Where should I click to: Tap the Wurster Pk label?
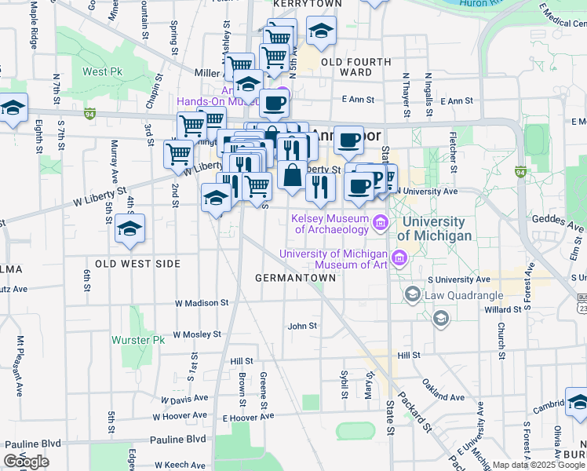click(x=148, y=340)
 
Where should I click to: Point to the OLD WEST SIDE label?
click(x=137, y=263)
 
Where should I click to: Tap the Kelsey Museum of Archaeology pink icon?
click(x=381, y=224)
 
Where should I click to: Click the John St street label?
click(x=302, y=326)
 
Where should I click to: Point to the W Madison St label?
click(x=201, y=302)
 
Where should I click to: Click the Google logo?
click(x=26, y=462)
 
